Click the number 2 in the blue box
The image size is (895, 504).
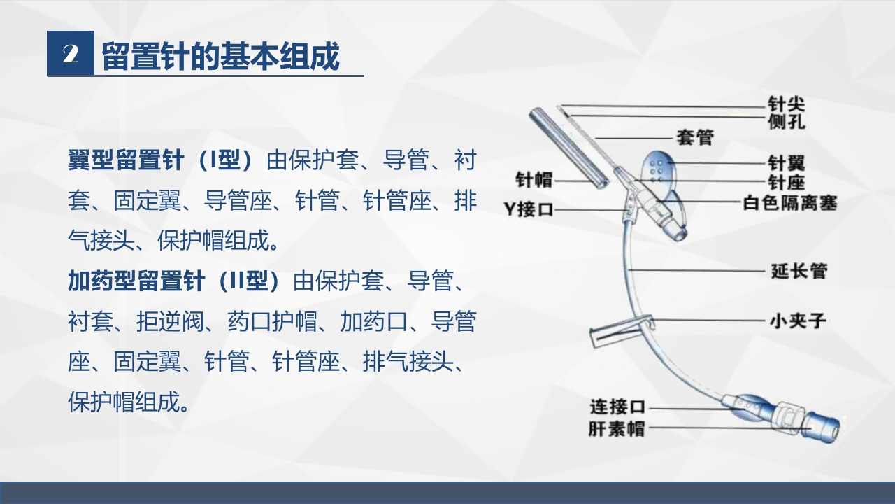(70, 54)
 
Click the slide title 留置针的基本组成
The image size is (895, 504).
(221, 55)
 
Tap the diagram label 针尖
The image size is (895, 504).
(787, 104)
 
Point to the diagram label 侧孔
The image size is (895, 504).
(787, 121)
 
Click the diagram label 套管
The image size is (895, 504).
(694, 137)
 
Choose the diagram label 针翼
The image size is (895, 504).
(787, 163)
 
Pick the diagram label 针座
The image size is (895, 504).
(787, 183)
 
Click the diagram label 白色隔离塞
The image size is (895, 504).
(789, 203)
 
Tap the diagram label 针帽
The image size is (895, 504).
(534, 180)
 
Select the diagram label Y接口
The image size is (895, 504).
(529, 209)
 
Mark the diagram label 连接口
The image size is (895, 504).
(617, 407)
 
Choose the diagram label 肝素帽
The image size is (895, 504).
(617, 428)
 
